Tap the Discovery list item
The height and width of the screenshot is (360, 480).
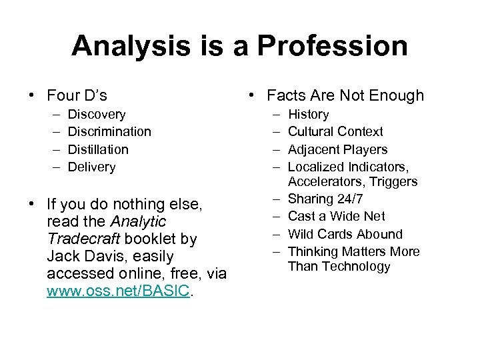[x=97, y=115]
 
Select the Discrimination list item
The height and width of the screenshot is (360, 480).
[x=109, y=132]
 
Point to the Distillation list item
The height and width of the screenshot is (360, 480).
[x=98, y=149]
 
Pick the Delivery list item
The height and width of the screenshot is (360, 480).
[x=92, y=167]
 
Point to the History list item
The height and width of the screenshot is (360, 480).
[x=308, y=115]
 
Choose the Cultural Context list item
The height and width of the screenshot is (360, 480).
[x=335, y=132]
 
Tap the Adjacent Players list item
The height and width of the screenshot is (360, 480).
[x=337, y=149]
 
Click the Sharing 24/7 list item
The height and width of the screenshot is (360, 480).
[x=325, y=199]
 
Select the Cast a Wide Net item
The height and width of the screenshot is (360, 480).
[x=336, y=216]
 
